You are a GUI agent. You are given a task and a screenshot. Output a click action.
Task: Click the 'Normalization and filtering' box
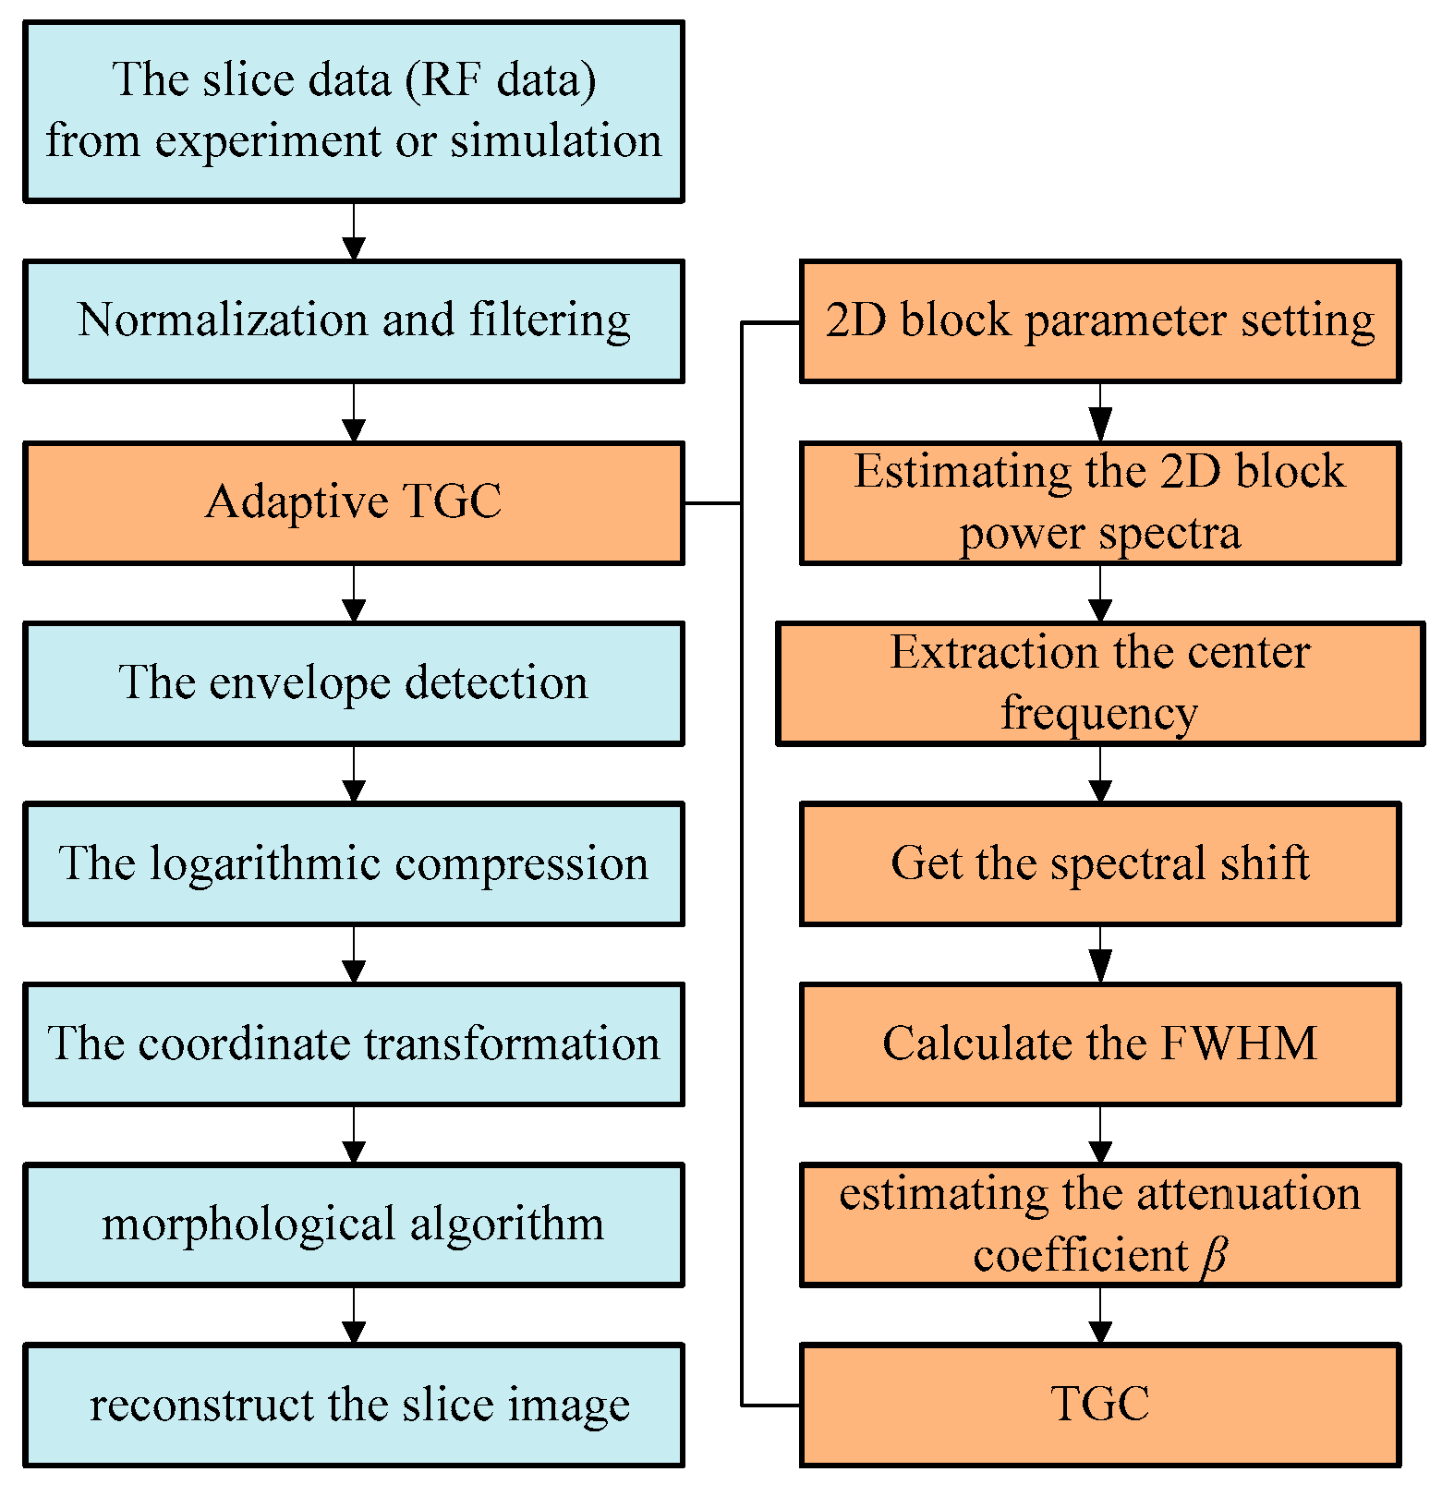tap(353, 320)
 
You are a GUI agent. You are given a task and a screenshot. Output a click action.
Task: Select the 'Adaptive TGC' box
tap(353, 502)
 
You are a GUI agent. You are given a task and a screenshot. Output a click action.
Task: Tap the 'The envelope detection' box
tap(353, 683)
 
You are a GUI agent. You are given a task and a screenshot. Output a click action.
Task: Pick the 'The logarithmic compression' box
tap(353, 864)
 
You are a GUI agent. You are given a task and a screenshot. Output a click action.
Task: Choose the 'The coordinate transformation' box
tap(353, 1044)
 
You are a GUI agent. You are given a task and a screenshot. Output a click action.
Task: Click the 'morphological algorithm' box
tap(353, 1225)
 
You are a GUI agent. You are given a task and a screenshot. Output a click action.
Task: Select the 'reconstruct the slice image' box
tap(353, 1405)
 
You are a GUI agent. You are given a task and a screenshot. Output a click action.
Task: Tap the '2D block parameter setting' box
tap(1099, 320)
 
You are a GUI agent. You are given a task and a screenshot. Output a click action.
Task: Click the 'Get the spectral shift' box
tap(1099, 864)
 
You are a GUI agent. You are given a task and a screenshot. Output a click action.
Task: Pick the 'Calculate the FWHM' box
tap(1099, 1044)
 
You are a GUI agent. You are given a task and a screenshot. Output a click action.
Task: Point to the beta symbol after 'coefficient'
tap(1215, 1256)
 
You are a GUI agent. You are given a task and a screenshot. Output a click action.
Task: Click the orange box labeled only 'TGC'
tap(1099, 1405)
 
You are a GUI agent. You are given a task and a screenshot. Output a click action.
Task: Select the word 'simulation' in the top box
tap(556, 141)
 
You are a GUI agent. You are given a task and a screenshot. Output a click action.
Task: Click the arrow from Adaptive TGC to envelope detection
tap(354, 597)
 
